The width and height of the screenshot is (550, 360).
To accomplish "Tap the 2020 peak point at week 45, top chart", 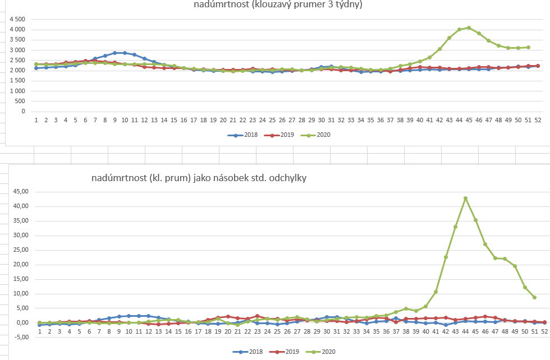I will (469, 27).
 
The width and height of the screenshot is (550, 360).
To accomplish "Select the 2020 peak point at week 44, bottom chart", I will (465, 198).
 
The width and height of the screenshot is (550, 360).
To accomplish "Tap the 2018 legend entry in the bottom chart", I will (249, 352).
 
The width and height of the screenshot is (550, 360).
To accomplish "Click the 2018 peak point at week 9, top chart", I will (115, 53).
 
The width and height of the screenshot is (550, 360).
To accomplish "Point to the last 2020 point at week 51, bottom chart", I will (534, 297).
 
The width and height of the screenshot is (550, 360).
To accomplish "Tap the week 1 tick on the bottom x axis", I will (39, 332).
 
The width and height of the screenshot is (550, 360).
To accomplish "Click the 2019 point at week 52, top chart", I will (538, 66).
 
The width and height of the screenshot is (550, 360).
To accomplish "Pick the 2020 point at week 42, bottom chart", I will (446, 257).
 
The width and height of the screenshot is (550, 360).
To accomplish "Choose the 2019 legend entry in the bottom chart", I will (288, 352).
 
